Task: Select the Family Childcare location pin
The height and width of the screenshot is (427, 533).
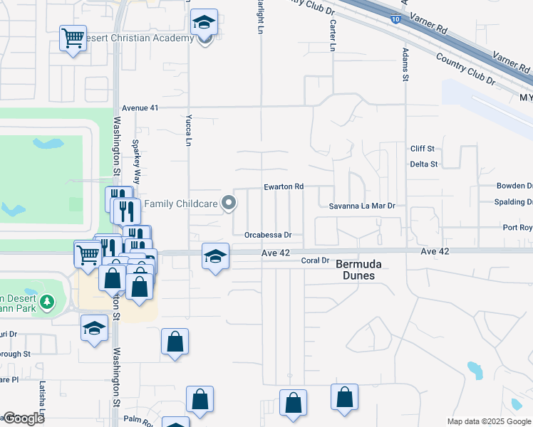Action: pyautogui.click(x=229, y=204)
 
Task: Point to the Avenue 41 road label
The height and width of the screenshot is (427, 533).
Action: pyautogui.click(x=140, y=107)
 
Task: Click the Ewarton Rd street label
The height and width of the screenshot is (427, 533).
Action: pyautogui.click(x=284, y=186)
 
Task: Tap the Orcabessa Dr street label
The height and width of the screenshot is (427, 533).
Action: pyautogui.click(x=268, y=234)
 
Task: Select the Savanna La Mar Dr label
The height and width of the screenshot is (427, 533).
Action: pyautogui.click(x=362, y=206)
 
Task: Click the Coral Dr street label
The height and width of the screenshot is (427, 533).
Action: pyautogui.click(x=316, y=260)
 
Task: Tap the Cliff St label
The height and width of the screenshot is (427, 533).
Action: pyautogui.click(x=423, y=149)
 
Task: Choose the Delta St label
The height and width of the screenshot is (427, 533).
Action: pyautogui.click(x=423, y=164)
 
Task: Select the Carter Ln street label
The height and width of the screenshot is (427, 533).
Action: pyautogui.click(x=332, y=34)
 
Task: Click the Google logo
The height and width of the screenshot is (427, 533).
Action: pyautogui.click(x=23, y=418)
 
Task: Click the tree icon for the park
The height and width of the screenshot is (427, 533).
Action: pyautogui.click(x=47, y=302)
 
